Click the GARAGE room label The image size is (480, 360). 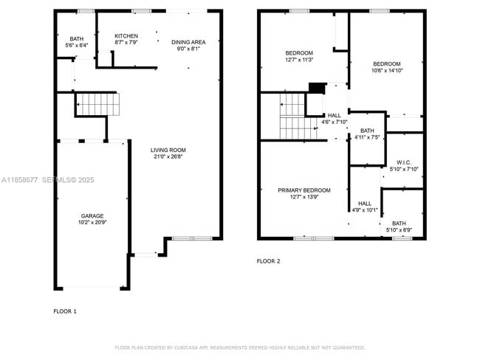[x=92, y=216]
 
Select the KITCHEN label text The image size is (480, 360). [x=126, y=36]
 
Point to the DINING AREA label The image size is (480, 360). [x=188, y=42]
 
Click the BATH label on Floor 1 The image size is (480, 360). [x=77, y=39]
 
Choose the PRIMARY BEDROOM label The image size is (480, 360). [x=304, y=190]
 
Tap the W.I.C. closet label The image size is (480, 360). [x=403, y=162]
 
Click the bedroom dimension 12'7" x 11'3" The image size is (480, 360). [x=300, y=60]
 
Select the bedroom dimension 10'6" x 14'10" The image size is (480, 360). [x=386, y=71]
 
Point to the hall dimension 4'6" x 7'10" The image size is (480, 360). [x=335, y=122]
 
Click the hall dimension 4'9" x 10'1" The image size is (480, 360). [x=365, y=210]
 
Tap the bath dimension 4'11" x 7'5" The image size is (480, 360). [x=367, y=137]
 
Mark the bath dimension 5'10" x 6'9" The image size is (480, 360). [x=399, y=230]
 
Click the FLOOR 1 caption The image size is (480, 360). [x=65, y=311]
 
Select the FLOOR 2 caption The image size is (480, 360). [x=268, y=261]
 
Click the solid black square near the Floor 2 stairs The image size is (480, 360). [x=316, y=88]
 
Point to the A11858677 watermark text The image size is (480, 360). [x=20, y=179]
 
